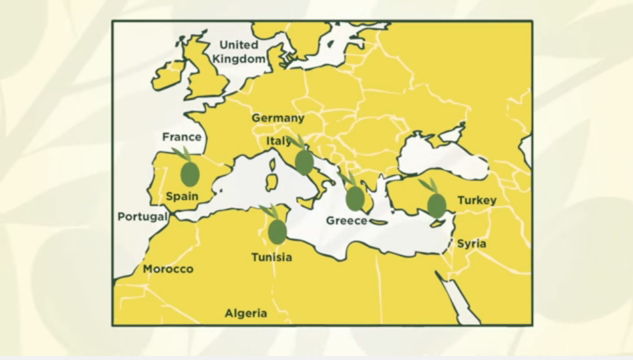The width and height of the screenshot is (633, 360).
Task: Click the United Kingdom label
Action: [x=239, y=52]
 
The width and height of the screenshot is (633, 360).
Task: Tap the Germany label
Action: [x=278, y=118]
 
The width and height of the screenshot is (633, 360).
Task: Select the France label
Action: [x=182, y=137]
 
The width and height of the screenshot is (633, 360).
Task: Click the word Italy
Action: [x=279, y=141]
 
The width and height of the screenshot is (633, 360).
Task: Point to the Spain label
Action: [x=182, y=196]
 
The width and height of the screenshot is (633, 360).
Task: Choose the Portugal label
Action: [x=143, y=217]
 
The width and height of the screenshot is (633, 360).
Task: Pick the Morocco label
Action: [x=168, y=269]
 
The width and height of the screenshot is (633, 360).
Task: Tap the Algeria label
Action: [x=246, y=313]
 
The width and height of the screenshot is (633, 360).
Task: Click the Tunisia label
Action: [x=271, y=257]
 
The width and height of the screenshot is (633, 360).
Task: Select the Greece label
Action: [x=346, y=220]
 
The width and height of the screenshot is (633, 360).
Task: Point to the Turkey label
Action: [x=477, y=200]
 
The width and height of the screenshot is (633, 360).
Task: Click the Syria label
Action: [x=472, y=244]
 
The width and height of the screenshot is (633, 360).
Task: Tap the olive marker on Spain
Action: [x=190, y=173]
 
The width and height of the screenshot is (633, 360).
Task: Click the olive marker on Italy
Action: [x=304, y=162]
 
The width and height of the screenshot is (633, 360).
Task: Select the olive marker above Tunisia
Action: [x=277, y=231]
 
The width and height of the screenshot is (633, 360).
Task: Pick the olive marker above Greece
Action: [x=355, y=198]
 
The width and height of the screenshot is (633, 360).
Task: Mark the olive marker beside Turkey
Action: [x=436, y=205]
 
